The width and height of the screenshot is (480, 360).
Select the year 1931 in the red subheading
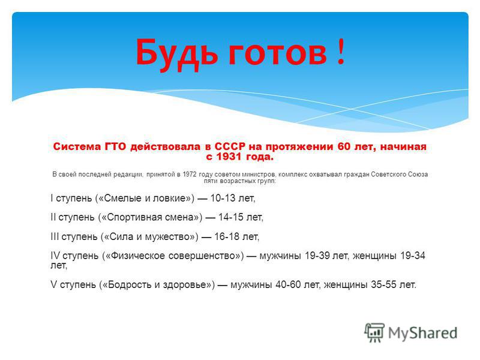(x=229, y=157)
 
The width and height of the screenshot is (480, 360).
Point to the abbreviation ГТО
(x=115, y=146)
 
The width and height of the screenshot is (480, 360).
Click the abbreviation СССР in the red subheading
(x=230, y=146)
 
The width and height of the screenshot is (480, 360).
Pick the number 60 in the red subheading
(x=344, y=146)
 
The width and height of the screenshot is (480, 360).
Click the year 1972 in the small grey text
(x=190, y=174)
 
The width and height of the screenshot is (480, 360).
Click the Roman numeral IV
(x=55, y=256)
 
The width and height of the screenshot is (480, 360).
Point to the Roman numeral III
(x=55, y=236)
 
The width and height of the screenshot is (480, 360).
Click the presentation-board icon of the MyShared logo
(x=374, y=332)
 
